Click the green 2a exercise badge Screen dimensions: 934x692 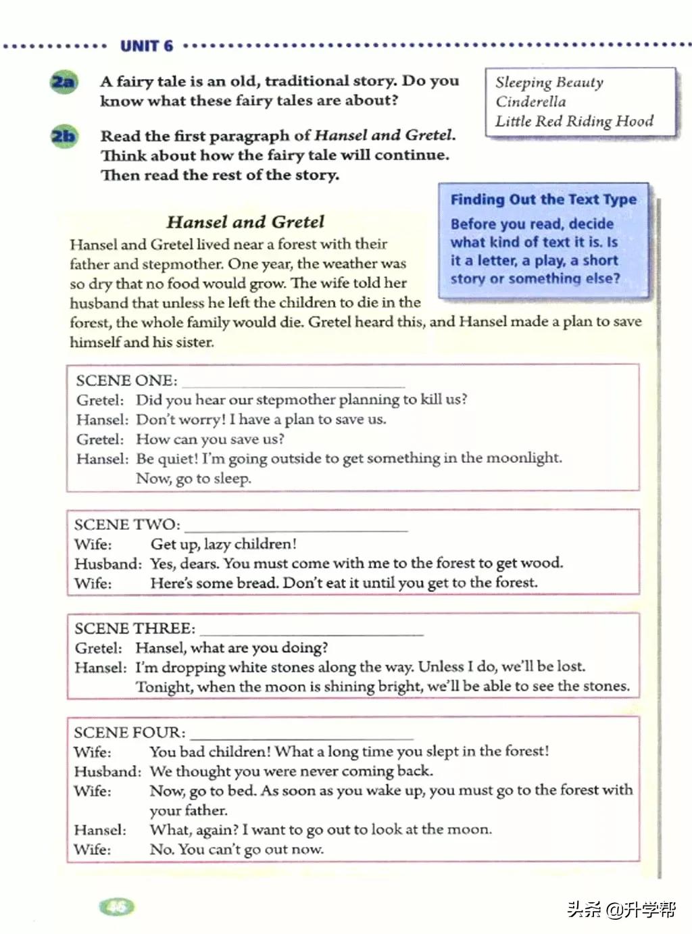[x=64, y=82]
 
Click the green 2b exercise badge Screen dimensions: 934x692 [x=64, y=136]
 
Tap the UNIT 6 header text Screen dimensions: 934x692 [x=147, y=46]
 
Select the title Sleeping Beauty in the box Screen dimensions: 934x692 [x=549, y=82]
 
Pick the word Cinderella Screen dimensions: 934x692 [x=530, y=102]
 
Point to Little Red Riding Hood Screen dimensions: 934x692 [x=574, y=122]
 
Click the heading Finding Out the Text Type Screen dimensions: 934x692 [x=543, y=199]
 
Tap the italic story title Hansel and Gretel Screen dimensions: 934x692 [x=245, y=222]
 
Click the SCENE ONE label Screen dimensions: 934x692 [x=126, y=380]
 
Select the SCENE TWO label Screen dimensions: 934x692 [x=127, y=524]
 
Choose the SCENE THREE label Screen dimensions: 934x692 [x=134, y=628]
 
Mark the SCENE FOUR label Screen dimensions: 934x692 [x=129, y=733]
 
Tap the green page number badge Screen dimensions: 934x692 [x=117, y=907]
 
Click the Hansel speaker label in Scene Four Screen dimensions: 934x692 [x=100, y=830]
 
